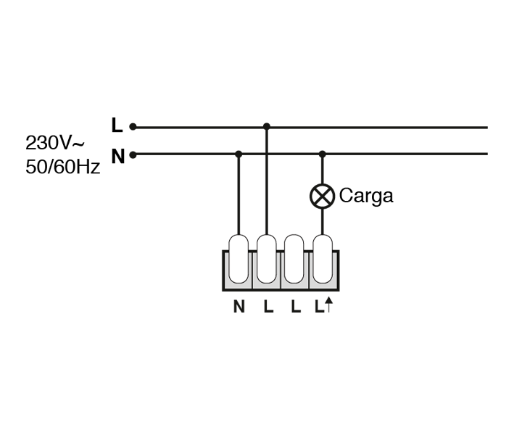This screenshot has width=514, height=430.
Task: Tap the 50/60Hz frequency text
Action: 62,166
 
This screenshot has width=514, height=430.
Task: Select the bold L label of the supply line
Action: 117,125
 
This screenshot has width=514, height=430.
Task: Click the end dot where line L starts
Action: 133,127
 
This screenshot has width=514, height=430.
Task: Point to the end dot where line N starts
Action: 133,154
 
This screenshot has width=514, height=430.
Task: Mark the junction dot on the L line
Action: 267,127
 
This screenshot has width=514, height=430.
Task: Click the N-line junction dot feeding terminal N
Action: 239,154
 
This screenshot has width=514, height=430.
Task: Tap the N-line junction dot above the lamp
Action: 323,154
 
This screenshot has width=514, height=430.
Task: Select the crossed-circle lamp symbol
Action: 322,196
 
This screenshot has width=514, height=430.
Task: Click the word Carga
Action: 366,196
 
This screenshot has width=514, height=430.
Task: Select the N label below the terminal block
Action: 239,307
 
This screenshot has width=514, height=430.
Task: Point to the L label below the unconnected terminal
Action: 295,307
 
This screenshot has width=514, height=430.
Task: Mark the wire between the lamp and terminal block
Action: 322,221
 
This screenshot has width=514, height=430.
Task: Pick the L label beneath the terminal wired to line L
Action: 268,307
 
